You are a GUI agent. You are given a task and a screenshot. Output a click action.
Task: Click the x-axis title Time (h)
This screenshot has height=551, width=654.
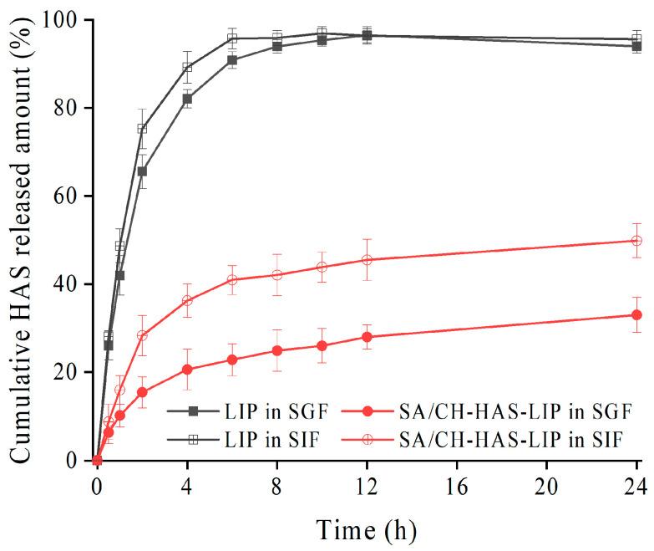click(x=367, y=529)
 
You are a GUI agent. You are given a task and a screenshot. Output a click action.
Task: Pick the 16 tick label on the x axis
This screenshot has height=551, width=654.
click(x=457, y=485)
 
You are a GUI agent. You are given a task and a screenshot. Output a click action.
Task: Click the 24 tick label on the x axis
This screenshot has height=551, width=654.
click(x=636, y=485)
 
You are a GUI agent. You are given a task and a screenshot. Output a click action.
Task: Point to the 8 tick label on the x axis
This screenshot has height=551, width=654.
click(x=277, y=485)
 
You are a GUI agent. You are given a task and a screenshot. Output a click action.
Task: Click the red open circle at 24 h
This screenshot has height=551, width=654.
click(x=636, y=241)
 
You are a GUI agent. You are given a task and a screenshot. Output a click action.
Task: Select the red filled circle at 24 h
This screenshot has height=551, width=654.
click(x=636, y=315)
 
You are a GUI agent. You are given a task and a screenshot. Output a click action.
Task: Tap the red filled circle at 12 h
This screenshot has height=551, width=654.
click(x=367, y=337)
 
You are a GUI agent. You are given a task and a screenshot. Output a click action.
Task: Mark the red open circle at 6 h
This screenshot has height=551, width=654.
click(x=232, y=279)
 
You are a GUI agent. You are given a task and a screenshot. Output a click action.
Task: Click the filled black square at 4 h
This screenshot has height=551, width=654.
click(x=187, y=99)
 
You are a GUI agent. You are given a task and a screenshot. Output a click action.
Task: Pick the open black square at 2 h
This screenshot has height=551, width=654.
click(x=142, y=129)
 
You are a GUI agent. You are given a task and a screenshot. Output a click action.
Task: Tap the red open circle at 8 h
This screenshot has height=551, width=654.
click(x=277, y=275)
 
